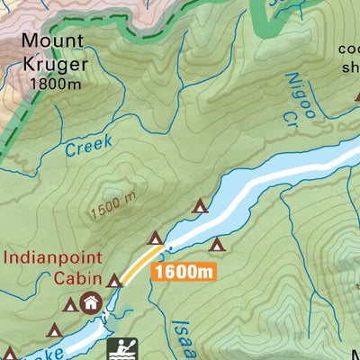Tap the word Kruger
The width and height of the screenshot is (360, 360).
[x=56, y=64]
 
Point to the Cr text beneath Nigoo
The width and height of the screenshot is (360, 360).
[x=290, y=115]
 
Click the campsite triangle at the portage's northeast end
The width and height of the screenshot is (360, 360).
[x=156, y=238]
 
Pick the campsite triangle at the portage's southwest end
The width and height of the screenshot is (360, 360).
[x=114, y=281]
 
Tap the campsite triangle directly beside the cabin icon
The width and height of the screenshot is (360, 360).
[x=70, y=304]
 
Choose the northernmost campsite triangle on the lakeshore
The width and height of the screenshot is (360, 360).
[x=200, y=206]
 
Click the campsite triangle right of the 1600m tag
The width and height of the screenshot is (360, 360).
[x=216, y=244]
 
